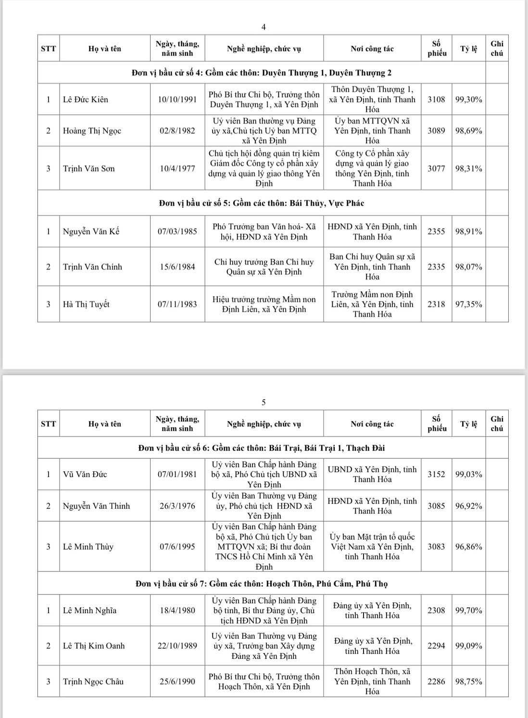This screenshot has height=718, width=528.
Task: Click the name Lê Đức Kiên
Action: [86, 100]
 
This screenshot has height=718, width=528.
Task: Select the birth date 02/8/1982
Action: [177, 131]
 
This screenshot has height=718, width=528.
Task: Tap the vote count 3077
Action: [436, 169]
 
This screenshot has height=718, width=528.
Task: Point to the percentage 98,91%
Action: [469, 231]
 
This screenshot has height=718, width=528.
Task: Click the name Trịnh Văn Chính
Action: [92, 267]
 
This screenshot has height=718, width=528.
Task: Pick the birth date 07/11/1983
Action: [177, 304]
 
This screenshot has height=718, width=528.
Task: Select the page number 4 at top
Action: [264, 26]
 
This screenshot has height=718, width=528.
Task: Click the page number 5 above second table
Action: [264, 402]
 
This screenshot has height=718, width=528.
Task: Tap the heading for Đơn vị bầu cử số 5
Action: [262, 203]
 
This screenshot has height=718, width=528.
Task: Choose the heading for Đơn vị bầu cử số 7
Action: [262, 584]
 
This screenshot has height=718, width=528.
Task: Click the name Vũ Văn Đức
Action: [85, 474]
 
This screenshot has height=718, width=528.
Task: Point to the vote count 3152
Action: [436, 474]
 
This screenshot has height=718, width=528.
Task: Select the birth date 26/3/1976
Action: [177, 506]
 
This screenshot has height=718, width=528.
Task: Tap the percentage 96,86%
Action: [469, 547]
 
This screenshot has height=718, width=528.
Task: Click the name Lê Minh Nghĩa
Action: [89, 611]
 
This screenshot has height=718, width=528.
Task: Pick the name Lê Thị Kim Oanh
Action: [94, 646]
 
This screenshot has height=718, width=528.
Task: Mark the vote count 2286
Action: [436, 681]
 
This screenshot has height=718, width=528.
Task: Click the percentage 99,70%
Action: [469, 611]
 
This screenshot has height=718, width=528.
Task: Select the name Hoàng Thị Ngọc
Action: [92, 131]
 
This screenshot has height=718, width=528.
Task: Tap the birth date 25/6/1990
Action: [177, 681]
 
